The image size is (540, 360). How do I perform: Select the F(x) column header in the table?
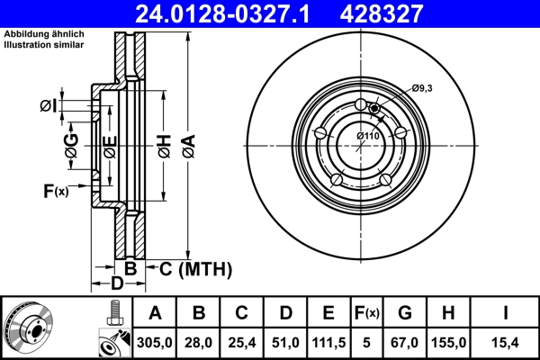(x=367, y=313)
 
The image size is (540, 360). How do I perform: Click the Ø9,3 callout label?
(x=423, y=88)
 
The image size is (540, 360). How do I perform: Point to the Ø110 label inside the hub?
(x=369, y=135)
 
